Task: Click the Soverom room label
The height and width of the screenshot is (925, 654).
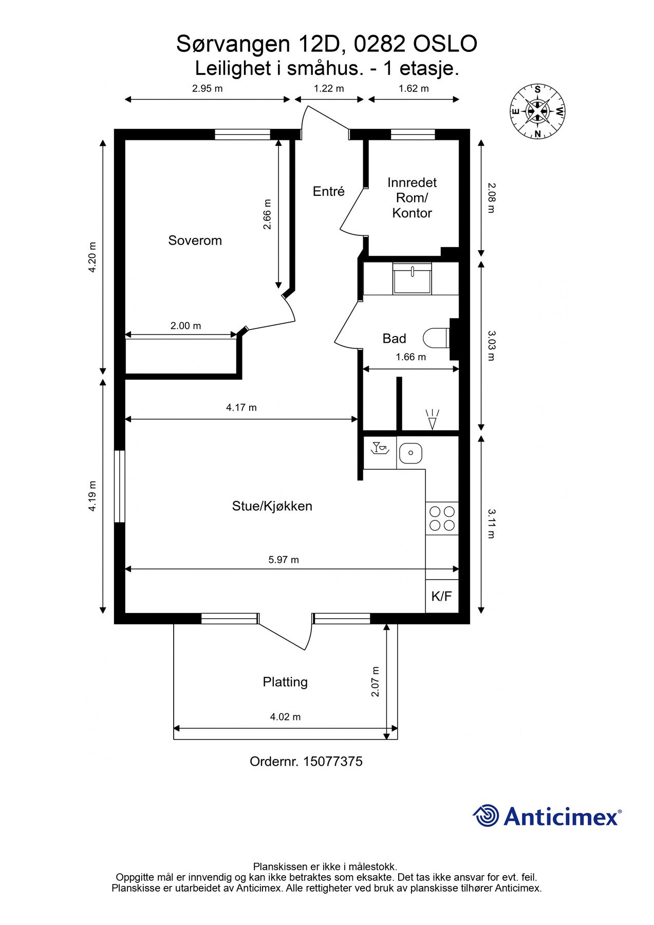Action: (195, 240)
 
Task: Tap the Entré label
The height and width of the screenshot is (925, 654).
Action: (329, 191)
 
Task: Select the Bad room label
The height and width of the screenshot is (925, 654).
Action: (394, 339)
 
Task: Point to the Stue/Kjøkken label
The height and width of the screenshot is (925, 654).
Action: (272, 506)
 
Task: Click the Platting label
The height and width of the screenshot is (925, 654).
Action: (285, 682)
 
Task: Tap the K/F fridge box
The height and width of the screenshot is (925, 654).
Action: (442, 596)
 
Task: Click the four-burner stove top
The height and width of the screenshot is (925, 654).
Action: (442, 518)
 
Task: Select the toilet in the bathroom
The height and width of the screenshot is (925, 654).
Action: (437, 338)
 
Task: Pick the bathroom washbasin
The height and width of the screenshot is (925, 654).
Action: (413, 278)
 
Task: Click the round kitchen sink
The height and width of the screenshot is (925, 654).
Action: (410, 453)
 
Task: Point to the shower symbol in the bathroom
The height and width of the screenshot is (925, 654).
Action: (433, 419)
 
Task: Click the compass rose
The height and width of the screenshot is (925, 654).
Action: (537, 111)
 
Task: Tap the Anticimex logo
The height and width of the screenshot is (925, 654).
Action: (547, 816)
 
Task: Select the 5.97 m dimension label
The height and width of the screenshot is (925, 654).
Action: (284, 560)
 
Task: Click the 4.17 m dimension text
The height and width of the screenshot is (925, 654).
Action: (241, 408)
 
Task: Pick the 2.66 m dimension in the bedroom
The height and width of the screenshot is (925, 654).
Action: (267, 214)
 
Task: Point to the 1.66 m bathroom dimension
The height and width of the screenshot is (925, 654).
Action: (411, 357)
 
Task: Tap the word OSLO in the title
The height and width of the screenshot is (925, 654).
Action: (445, 44)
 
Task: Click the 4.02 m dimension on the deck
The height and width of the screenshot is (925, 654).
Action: (286, 717)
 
